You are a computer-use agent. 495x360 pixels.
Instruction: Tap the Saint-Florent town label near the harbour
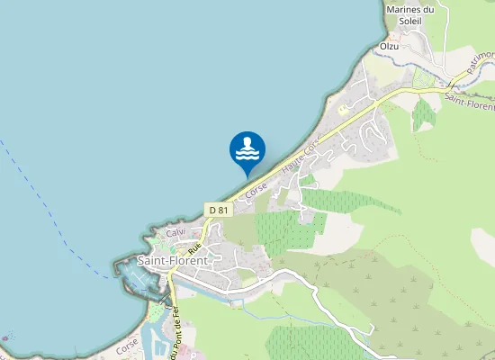pyautogui.click(x=172, y=261)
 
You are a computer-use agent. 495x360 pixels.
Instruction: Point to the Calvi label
pyautogui.click(x=175, y=233)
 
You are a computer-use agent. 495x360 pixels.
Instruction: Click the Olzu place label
pyautogui.click(x=389, y=45)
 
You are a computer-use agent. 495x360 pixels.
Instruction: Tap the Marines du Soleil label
pyautogui.click(x=409, y=16)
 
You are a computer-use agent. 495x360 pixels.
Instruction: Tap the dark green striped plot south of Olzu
pyautogui.click(x=424, y=114)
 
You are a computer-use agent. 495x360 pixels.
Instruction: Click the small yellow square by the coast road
pyautogui.click(x=343, y=109)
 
